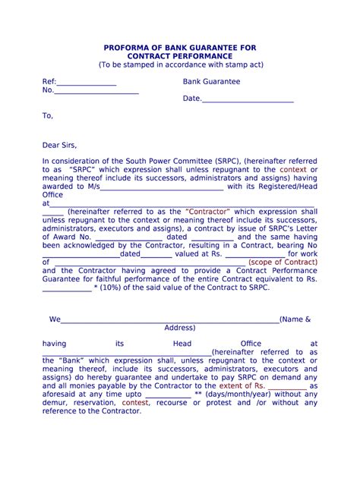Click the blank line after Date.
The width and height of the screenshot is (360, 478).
(248, 99)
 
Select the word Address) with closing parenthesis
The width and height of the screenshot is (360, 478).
(180, 328)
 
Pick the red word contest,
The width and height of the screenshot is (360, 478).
(135, 403)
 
